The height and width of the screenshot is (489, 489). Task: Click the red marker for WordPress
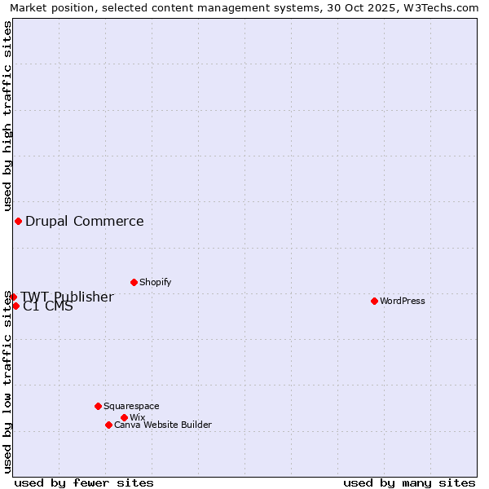pyautogui.click(x=374, y=301)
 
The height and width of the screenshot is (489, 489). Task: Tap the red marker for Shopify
pyautogui.click(x=134, y=282)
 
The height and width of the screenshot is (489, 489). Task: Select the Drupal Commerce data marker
pyautogui.click(x=18, y=221)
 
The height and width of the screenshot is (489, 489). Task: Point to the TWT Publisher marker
pyautogui.click(x=13, y=297)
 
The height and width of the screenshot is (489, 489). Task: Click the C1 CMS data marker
pyautogui.click(x=15, y=306)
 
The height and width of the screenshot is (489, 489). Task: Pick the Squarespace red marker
pyautogui.click(x=98, y=406)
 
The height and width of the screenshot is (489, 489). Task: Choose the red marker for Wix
pyautogui.click(x=124, y=417)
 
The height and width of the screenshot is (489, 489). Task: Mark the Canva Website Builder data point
pyautogui.click(x=108, y=425)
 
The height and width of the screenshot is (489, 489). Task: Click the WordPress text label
pyautogui.click(x=403, y=301)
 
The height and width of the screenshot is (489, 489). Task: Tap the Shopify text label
pyautogui.click(x=155, y=282)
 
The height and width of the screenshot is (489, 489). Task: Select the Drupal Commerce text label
pyautogui.click(x=85, y=221)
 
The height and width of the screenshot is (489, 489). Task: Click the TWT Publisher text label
pyautogui.click(x=67, y=297)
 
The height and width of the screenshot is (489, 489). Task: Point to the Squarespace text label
pyautogui.click(x=131, y=406)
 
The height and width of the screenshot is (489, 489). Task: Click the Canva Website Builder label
pyautogui.click(x=163, y=425)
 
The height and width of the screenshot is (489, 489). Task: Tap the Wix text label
pyautogui.click(x=137, y=417)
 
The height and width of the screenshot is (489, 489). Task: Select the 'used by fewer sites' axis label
pyautogui.click(x=84, y=482)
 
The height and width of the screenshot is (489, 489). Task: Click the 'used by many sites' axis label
pyautogui.click(x=409, y=482)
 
